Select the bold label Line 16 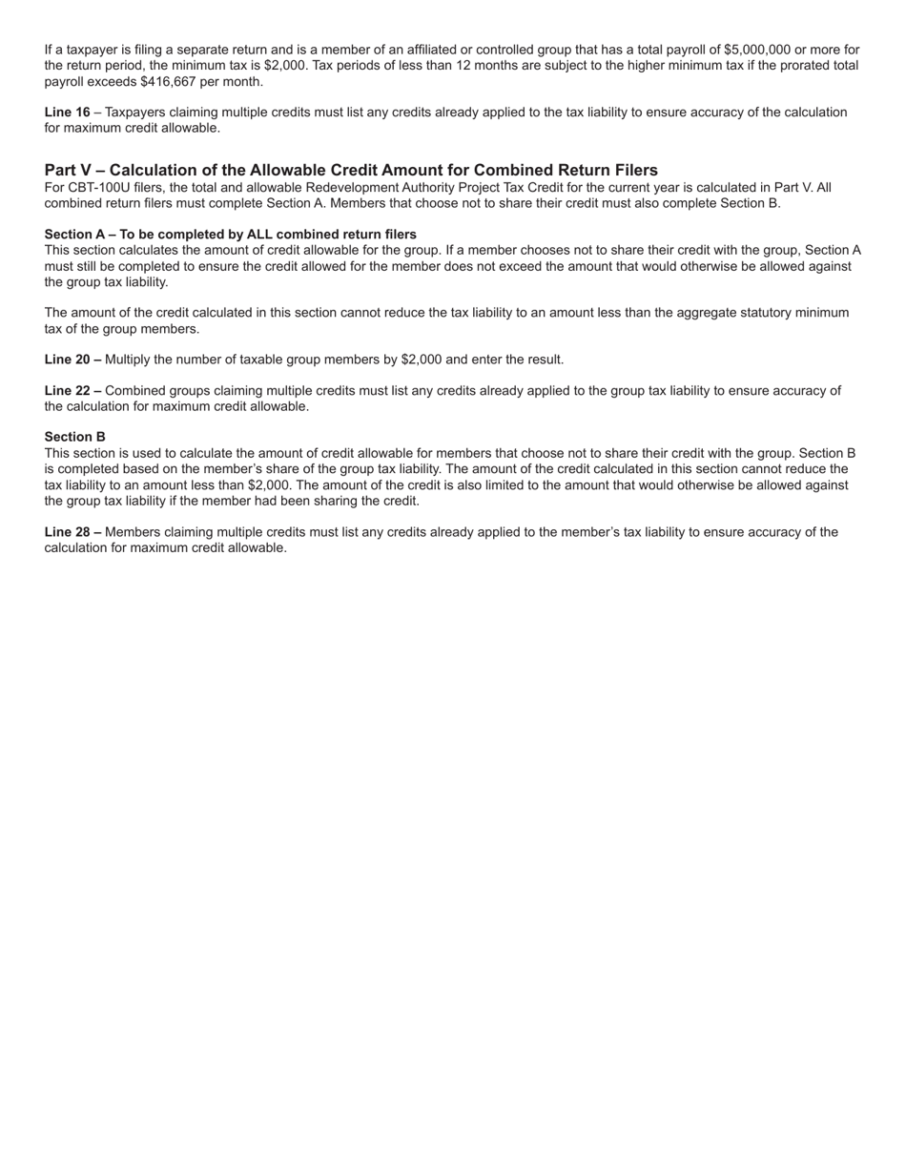point(67,113)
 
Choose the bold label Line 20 point(67,360)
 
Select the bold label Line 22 point(67,391)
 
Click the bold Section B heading point(74,437)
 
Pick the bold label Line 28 point(67,532)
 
